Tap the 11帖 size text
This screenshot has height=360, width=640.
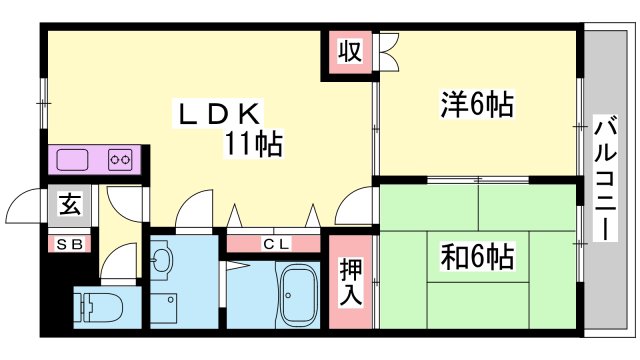[252, 145]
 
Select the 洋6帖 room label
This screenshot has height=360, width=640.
[477, 104]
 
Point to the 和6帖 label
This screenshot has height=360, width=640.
[477, 257]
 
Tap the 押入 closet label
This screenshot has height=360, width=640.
[350, 282]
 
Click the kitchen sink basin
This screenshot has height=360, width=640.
[73, 159]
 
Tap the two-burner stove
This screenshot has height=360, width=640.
[121, 159]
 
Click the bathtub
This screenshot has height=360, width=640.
[297, 297]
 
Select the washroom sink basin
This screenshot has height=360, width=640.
[163, 261]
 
